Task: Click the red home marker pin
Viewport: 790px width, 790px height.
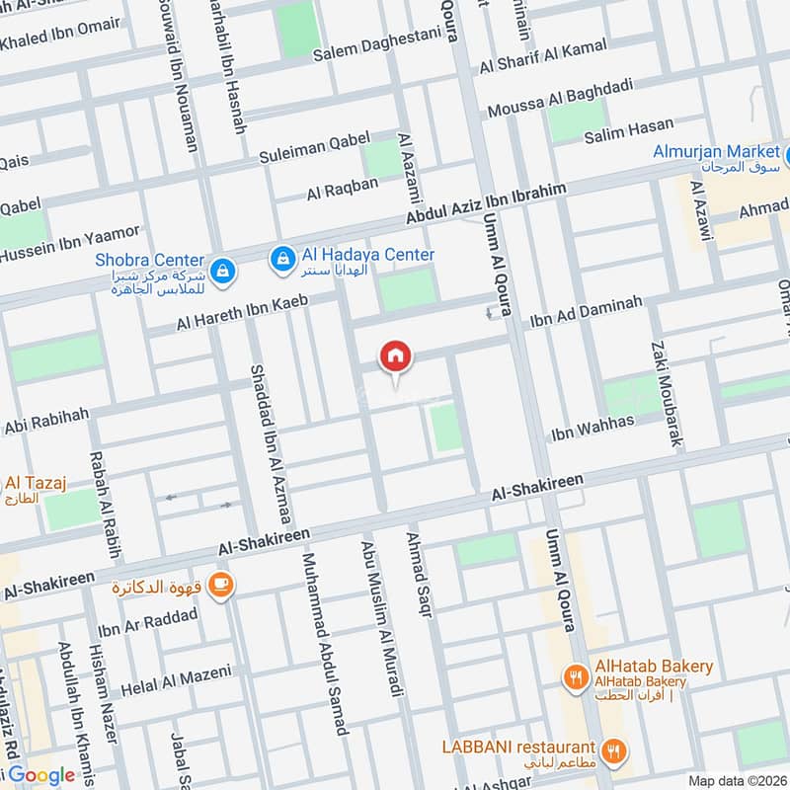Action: click(396, 355)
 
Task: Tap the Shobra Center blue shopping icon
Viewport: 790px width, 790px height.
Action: click(223, 269)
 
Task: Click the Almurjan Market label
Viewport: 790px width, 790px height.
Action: click(716, 152)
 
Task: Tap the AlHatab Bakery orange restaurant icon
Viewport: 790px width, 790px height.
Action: click(575, 675)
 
